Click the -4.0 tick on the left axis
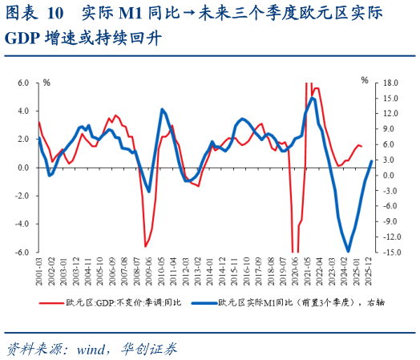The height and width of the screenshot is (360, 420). pos(22,224)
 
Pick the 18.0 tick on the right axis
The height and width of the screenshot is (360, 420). pos(391,83)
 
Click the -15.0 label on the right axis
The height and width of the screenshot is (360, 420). pos(390,253)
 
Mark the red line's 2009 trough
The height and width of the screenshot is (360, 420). pos(146,246)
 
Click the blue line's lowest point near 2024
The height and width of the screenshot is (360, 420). pos(349,251)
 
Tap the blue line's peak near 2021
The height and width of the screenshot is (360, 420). pos(313,98)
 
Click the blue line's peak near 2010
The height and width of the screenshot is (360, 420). pos(162,109)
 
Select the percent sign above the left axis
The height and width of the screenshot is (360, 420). pos(46,82)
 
